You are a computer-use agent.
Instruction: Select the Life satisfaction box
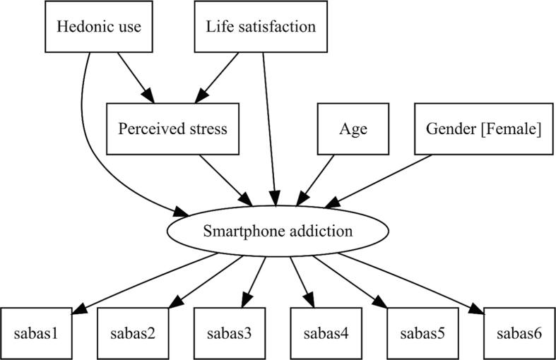[x=261, y=27]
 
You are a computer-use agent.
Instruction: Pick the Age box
[x=353, y=129]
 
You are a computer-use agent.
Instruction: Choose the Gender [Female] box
[x=483, y=129]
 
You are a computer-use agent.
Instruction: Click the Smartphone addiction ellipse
[x=278, y=231]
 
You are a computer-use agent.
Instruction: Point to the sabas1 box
[x=39, y=332]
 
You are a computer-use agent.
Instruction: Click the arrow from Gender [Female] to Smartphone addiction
[x=385, y=179]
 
